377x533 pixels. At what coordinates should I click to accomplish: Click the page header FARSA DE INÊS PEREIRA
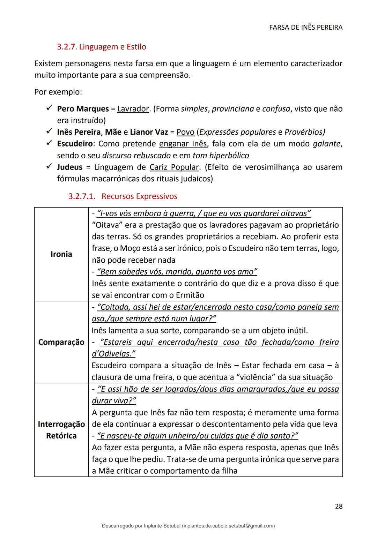[306, 27]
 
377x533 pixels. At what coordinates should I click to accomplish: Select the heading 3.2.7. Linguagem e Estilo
[102, 47]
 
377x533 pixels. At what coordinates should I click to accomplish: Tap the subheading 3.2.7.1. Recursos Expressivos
[123, 196]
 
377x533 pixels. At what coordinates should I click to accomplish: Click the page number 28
[338, 506]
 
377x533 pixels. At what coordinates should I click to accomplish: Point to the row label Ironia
[61, 254]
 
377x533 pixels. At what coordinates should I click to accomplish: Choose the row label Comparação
[61, 342]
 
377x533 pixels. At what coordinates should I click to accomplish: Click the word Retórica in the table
[61, 436]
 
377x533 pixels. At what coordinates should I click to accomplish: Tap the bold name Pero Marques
[83, 109]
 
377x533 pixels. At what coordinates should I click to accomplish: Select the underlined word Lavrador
[133, 109]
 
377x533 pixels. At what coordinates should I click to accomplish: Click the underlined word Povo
[185, 132]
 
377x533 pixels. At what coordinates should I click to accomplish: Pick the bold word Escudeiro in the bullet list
[75, 144]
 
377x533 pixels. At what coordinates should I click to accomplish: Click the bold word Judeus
[69, 167]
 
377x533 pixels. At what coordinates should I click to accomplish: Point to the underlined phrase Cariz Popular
[174, 167]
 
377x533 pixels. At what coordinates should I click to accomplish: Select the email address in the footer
[228, 526]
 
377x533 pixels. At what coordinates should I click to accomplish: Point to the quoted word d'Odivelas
[113, 354]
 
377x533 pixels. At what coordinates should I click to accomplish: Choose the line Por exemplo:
[58, 92]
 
